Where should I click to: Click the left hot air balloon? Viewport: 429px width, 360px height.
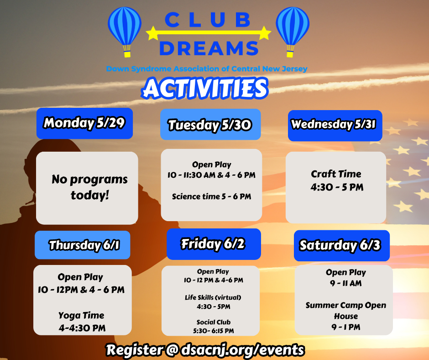[125, 32]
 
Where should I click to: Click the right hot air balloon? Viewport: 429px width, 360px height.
[293, 32]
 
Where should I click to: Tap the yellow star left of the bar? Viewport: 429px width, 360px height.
[152, 33]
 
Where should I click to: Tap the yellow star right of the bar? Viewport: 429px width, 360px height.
[264, 33]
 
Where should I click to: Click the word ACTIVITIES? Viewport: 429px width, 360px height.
[204, 88]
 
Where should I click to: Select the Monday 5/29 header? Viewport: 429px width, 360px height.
[84, 123]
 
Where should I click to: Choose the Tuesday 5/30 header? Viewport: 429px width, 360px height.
[210, 124]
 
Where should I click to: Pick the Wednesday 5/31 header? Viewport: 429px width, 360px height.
[335, 126]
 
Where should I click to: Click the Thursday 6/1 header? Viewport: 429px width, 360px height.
[82, 245]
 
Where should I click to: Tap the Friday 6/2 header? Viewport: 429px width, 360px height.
[214, 244]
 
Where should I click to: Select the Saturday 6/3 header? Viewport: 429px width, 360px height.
[342, 245]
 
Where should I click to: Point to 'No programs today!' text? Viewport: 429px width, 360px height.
[89, 187]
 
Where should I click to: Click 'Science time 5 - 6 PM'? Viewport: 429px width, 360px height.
[211, 196]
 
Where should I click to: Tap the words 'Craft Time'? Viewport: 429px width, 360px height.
[336, 174]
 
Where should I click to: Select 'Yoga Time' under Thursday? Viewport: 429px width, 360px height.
[81, 315]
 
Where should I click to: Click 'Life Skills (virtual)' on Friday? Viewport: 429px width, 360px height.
[213, 297]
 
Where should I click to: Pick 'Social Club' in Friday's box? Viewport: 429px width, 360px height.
[214, 322]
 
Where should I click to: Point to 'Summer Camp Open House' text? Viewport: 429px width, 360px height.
[346, 310]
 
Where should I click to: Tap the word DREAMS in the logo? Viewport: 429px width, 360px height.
[209, 48]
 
